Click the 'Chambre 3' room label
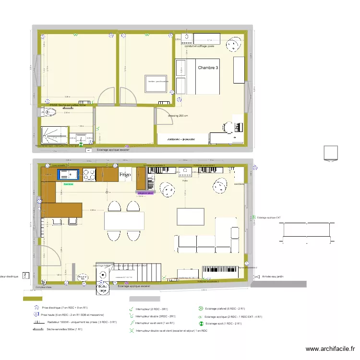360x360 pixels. [x=208, y=68]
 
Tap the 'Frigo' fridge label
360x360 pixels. [x=125, y=175]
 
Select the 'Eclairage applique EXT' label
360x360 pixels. [x=271, y=217]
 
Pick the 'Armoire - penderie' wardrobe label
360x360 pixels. [x=181, y=138]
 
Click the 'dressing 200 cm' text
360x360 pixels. [x=178, y=116]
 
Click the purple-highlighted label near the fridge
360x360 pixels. [x=145, y=193]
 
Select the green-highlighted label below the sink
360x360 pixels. [x=68, y=183]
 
